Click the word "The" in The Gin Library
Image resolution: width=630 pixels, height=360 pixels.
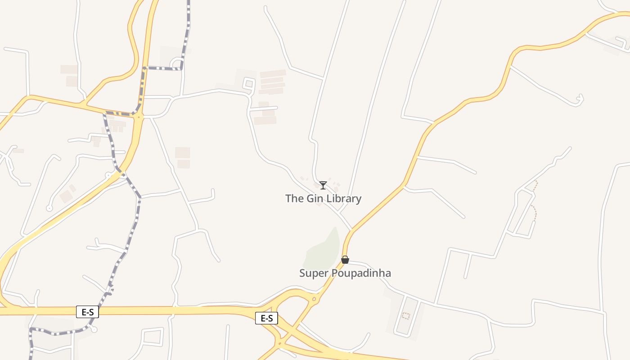tap(294, 198)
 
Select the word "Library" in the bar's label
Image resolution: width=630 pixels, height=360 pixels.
tap(344, 198)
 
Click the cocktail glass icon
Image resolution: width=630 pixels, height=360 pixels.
tap(323, 185)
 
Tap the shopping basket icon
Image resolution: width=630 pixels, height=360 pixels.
tap(345, 260)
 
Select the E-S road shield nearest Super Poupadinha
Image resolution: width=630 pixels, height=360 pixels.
tap(267, 318)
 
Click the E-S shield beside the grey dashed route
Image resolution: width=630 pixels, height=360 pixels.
tap(87, 311)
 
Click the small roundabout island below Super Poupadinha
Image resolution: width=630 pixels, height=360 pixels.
tap(314, 299)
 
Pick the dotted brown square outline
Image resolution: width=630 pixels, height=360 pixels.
tap(405, 316)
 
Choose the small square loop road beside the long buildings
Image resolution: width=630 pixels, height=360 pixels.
tap(248, 83)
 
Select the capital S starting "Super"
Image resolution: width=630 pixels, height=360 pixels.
tap(302, 273)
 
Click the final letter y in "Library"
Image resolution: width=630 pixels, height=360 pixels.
tap(359, 199)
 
